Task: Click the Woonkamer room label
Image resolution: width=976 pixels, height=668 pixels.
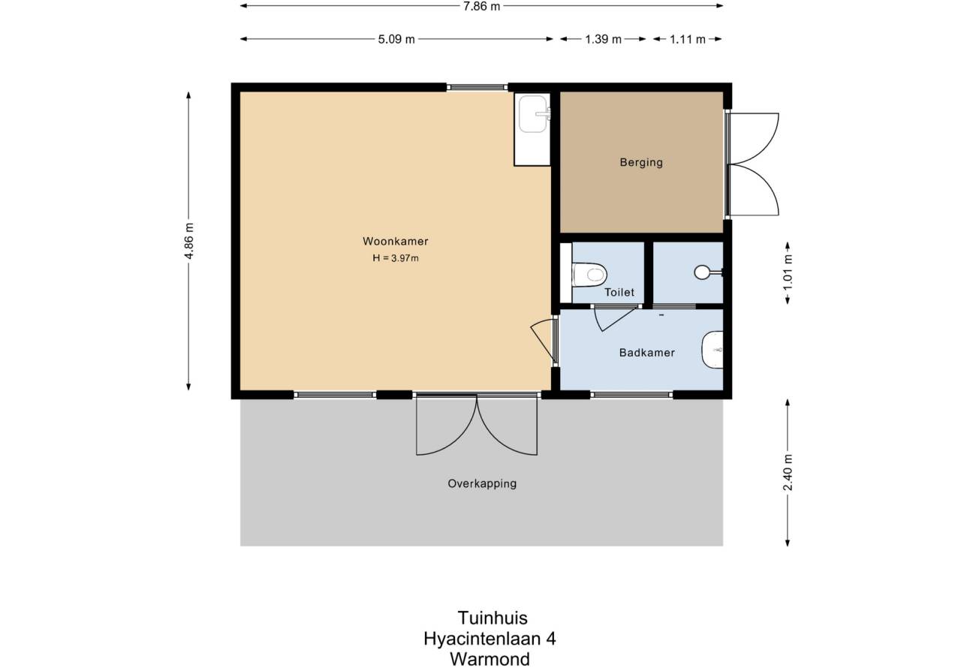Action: point(395,241)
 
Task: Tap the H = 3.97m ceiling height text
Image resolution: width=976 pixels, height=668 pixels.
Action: point(395,258)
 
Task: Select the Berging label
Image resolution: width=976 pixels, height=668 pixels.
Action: point(641,162)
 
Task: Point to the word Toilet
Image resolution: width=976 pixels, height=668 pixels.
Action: point(619,292)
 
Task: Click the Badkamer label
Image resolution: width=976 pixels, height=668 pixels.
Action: point(646,352)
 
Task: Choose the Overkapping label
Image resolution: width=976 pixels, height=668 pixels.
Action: point(482,484)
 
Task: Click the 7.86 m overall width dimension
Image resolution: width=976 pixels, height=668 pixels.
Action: point(481,7)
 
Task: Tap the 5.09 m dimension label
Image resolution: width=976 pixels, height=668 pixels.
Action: point(396,39)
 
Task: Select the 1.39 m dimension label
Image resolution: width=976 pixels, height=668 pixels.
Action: point(603,39)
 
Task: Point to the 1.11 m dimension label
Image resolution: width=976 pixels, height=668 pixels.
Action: point(687,39)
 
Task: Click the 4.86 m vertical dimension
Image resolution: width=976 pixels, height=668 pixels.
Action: point(188,241)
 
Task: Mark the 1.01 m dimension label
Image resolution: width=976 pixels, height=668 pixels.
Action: point(788,273)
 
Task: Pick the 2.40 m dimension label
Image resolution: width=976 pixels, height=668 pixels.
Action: point(788,472)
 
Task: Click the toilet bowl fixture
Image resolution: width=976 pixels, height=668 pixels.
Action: point(589,275)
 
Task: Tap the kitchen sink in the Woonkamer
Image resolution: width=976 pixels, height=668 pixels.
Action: point(532,114)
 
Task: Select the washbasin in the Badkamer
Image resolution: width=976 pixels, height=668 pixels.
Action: point(712,350)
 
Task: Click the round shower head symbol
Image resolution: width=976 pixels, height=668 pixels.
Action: point(702,272)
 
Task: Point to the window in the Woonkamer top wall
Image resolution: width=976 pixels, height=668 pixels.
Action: point(477,87)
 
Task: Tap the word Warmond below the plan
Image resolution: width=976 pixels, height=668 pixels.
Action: point(490,659)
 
